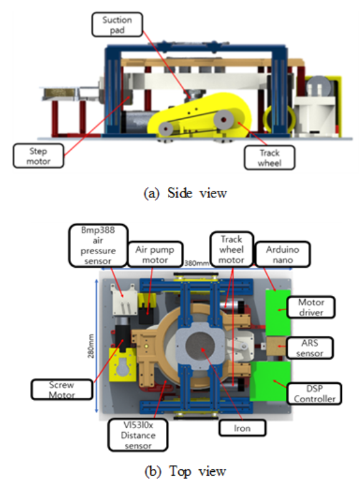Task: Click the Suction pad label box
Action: (x=117, y=24)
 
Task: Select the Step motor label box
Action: (x=39, y=156)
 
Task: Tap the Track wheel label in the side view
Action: (x=270, y=158)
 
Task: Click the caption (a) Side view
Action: (x=185, y=193)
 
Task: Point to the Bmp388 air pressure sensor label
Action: (x=98, y=245)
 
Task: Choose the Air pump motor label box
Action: (x=155, y=255)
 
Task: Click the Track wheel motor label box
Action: (x=231, y=249)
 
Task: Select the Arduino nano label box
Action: (x=283, y=255)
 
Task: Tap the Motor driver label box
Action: (x=311, y=307)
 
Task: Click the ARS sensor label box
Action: (x=310, y=348)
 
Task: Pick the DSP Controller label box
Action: (x=314, y=393)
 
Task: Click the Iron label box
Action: (x=242, y=428)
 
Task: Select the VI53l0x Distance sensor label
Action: (x=138, y=435)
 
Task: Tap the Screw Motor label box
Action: (x=62, y=389)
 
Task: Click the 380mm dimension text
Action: (x=197, y=263)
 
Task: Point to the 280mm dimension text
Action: (x=91, y=346)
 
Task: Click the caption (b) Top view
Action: (x=185, y=471)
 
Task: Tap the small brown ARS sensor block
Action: (x=276, y=346)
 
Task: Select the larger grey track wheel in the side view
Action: (x=223, y=119)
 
